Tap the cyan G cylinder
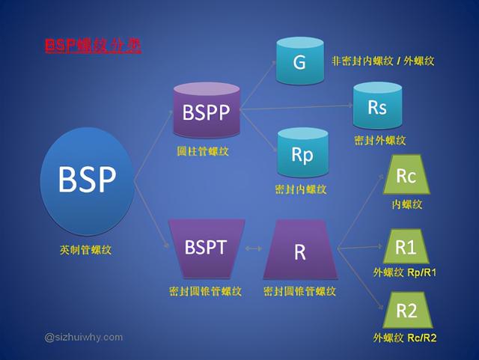(299, 62)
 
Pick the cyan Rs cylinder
(377, 107)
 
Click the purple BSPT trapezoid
(206, 246)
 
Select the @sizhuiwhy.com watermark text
(84, 337)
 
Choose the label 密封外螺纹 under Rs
(380, 140)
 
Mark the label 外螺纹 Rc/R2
(405, 338)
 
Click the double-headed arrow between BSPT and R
(253, 248)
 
